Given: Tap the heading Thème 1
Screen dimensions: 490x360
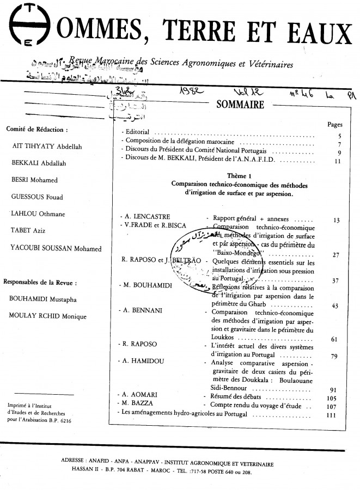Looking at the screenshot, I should point(239,175).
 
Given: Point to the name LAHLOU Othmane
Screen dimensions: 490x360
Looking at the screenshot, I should point(35,214).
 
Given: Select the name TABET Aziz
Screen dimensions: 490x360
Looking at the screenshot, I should point(29,231).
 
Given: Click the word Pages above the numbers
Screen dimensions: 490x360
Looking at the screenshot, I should point(335,125).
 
